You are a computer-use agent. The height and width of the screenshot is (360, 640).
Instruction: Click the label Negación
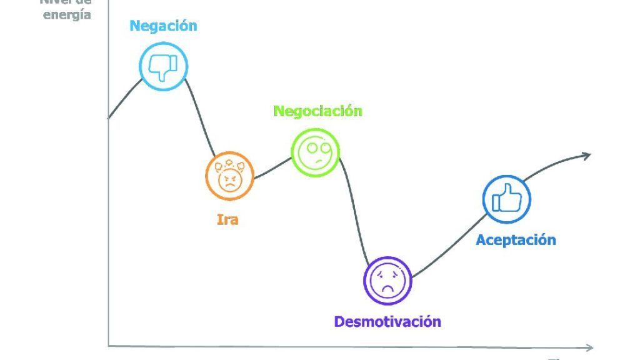(163, 26)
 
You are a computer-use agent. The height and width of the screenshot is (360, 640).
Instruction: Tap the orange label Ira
(227, 219)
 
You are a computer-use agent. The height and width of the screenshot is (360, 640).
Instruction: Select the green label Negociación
(317, 111)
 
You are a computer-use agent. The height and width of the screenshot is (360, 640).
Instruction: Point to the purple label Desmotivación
(387, 322)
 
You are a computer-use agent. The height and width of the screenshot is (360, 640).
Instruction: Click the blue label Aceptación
(516, 239)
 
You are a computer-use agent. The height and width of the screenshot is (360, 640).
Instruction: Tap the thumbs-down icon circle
(164, 66)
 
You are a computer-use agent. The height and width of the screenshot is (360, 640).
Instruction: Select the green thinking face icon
(316, 152)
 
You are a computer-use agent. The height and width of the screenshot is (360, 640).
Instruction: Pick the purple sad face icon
(387, 281)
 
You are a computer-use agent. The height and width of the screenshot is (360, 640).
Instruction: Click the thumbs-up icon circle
(506, 200)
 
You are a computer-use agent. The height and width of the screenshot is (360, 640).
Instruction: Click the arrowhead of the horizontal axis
(589, 347)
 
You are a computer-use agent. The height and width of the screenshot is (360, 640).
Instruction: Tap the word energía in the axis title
(67, 14)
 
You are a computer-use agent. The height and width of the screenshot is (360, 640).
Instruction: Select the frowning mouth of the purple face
(387, 288)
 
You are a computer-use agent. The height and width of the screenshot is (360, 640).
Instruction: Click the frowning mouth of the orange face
(230, 186)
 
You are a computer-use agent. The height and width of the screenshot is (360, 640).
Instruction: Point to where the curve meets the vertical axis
(109, 117)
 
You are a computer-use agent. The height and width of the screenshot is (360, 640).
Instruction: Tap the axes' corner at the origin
(109, 345)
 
